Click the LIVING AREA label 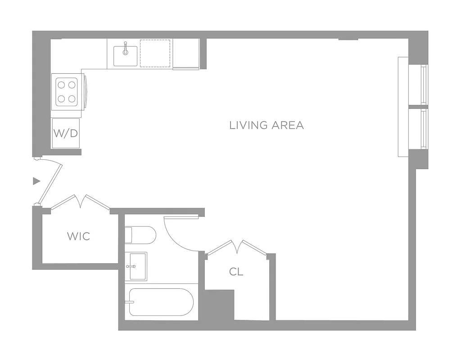coord(267,125)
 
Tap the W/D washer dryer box coord(66,133)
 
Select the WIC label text coord(78,236)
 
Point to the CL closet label coord(236,272)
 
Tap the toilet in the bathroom coord(140,235)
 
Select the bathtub coord(161,302)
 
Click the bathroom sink coord(136,266)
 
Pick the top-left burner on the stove coord(61,84)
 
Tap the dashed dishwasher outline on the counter coord(155,54)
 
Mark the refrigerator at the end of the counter coord(186,54)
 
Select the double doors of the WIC coord(81,202)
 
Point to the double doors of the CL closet coord(237,247)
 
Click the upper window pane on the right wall coord(424,84)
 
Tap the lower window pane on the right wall coord(424,129)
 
